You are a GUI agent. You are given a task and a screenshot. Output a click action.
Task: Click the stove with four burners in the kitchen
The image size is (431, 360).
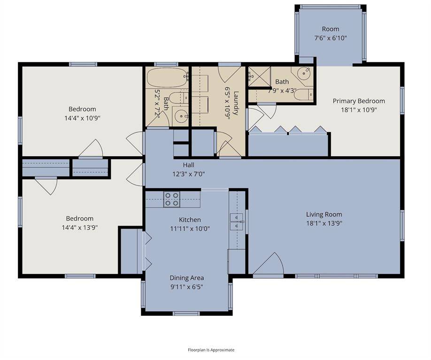click(x=172, y=199)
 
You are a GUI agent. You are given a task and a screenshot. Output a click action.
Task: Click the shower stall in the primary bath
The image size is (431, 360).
click(x=257, y=75)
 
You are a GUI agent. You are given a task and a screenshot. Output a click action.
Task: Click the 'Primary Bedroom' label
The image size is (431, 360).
click(x=359, y=101)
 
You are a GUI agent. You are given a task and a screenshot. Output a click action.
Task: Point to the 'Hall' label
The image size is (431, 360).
click(x=188, y=165)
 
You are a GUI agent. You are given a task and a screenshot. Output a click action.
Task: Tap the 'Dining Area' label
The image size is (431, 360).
click(x=186, y=278)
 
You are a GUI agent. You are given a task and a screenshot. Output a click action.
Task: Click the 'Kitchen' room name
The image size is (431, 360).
click(x=190, y=220)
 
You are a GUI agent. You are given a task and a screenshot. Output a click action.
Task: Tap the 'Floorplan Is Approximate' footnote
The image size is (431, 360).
click(x=211, y=350)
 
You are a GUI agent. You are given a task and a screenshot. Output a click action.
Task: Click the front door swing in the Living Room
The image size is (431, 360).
click(x=269, y=265)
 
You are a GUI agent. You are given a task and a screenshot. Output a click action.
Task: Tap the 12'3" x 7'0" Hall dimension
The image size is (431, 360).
click(x=188, y=173)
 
